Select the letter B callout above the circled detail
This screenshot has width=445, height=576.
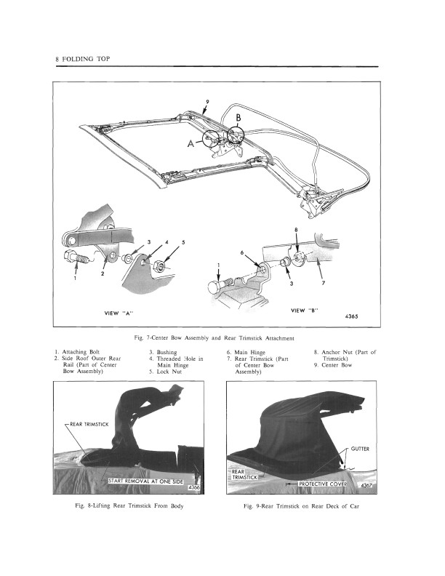238,117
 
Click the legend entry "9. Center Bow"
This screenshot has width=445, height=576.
337,364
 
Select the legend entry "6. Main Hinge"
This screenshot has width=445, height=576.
248,351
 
